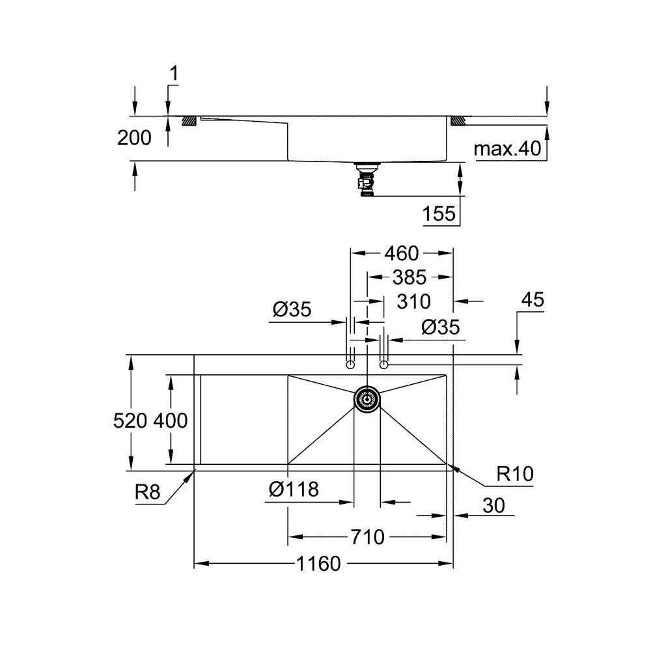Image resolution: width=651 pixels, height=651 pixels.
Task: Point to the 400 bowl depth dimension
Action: pos(171,421)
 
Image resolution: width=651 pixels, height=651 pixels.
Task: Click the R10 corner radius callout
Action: pos(514,475)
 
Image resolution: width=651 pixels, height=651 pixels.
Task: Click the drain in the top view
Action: pos(367,399)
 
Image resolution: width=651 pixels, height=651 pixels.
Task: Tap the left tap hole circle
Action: pos(350,365)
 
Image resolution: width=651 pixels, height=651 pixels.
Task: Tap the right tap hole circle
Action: pos(384,365)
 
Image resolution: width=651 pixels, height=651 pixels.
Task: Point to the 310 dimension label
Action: pos(413,301)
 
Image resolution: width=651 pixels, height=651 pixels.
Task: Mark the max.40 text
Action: pos(508,149)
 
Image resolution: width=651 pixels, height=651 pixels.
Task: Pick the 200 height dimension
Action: pos(135,137)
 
